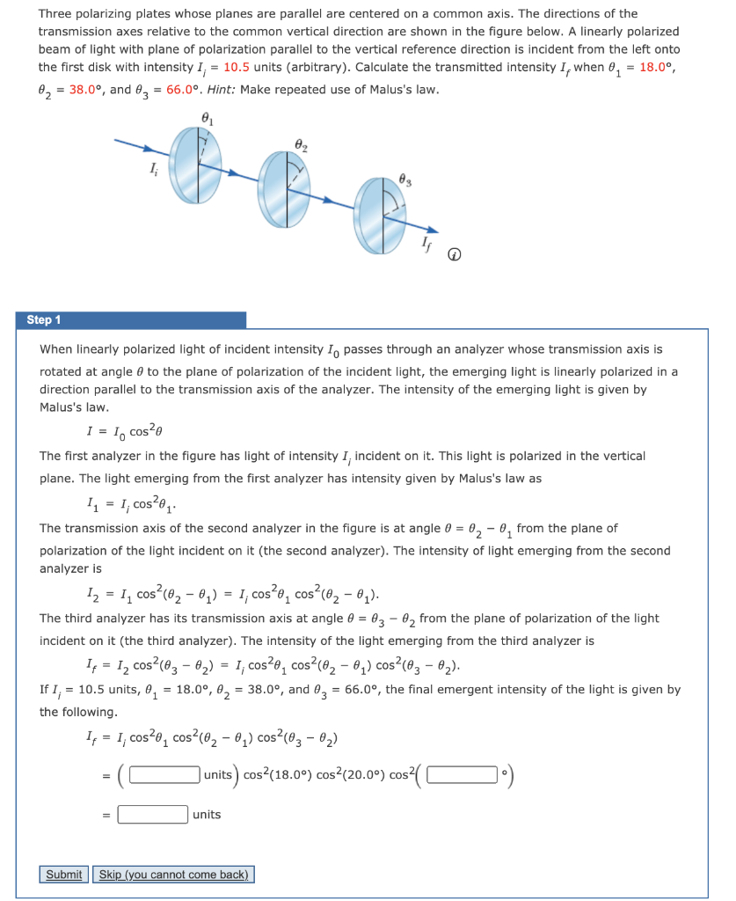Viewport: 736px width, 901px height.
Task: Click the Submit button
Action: [63, 874]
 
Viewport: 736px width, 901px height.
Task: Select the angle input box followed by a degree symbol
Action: [463, 775]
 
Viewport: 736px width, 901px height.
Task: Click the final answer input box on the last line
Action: [153, 815]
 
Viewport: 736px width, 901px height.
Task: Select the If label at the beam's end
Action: [427, 242]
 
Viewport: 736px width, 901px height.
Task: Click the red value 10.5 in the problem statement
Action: [238, 68]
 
